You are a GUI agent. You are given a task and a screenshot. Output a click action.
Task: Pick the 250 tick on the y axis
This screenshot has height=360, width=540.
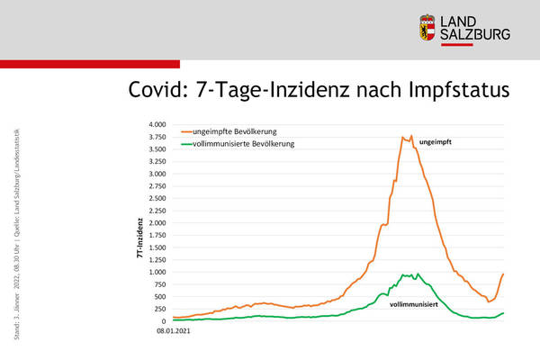159,309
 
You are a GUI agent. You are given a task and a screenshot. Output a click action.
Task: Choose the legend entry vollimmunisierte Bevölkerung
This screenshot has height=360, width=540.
249,143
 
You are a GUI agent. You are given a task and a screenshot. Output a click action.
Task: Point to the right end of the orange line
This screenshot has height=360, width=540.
503,274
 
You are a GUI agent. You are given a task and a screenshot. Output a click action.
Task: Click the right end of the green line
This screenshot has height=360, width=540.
503,312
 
